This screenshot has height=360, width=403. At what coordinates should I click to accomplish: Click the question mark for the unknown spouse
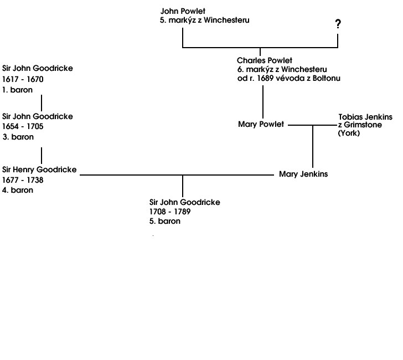[x=338, y=24]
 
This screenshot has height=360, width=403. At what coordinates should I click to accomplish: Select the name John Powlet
[x=183, y=11]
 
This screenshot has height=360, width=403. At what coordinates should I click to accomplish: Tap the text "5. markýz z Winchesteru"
[x=205, y=20]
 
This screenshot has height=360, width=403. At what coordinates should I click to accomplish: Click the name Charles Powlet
[x=265, y=60]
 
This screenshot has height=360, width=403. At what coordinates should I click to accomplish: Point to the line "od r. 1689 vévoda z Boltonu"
[x=289, y=78]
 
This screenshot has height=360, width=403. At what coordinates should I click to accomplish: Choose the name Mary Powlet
[x=261, y=124]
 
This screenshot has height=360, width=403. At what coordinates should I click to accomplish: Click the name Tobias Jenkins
[x=365, y=117]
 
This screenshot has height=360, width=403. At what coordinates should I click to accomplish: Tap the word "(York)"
[x=349, y=133]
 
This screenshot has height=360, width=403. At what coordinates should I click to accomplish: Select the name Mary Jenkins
[x=303, y=174]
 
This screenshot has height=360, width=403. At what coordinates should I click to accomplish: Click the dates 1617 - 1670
[x=23, y=79]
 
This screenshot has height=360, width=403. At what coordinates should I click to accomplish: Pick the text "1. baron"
[x=18, y=90]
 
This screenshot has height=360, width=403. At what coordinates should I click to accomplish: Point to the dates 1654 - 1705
[x=23, y=126]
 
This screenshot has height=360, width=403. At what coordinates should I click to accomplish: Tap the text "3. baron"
[x=18, y=137]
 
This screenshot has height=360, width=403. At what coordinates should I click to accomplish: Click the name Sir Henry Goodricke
[x=39, y=169]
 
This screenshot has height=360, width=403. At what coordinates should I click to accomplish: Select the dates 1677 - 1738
[x=23, y=180]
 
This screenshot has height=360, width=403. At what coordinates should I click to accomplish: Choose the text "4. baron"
[x=18, y=190]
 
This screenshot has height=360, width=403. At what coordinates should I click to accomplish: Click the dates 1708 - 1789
[x=170, y=212]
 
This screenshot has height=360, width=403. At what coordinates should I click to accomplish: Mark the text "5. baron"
[x=165, y=221]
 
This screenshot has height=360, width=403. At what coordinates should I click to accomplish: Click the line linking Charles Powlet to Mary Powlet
[x=262, y=102]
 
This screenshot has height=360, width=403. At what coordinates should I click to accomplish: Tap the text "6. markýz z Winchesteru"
[x=282, y=69]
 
